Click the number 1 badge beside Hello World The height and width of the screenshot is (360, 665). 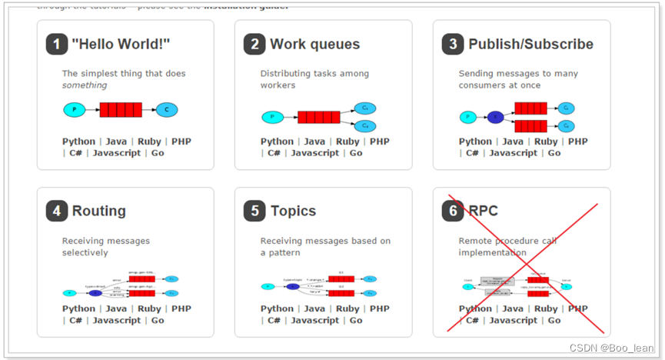(x=57, y=45)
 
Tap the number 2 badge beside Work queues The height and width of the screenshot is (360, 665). (x=255, y=45)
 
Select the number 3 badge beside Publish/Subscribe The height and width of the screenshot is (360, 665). (x=454, y=45)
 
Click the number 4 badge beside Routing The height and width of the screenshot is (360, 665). (x=57, y=211)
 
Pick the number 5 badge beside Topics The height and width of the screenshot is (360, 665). (x=255, y=211)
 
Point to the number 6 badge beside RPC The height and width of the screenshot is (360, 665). (x=454, y=211)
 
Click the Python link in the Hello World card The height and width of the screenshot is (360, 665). (x=78, y=142)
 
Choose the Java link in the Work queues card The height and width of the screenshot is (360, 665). (x=314, y=142)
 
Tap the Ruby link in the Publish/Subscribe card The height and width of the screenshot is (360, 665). (x=546, y=142)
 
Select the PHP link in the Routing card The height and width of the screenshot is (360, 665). (x=181, y=309)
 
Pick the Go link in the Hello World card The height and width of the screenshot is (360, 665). (x=158, y=153)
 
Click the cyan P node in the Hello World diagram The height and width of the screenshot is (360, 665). (x=75, y=110)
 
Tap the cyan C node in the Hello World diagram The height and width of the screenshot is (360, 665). (x=167, y=110)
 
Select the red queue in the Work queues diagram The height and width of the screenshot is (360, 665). (x=318, y=117)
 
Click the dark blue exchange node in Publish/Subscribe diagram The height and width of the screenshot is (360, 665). (x=496, y=117)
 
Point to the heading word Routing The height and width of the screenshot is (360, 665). (x=99, y=211)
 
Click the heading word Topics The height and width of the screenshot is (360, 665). (x=293, y=211)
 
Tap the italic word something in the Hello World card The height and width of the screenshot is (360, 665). (x=85, y=85)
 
